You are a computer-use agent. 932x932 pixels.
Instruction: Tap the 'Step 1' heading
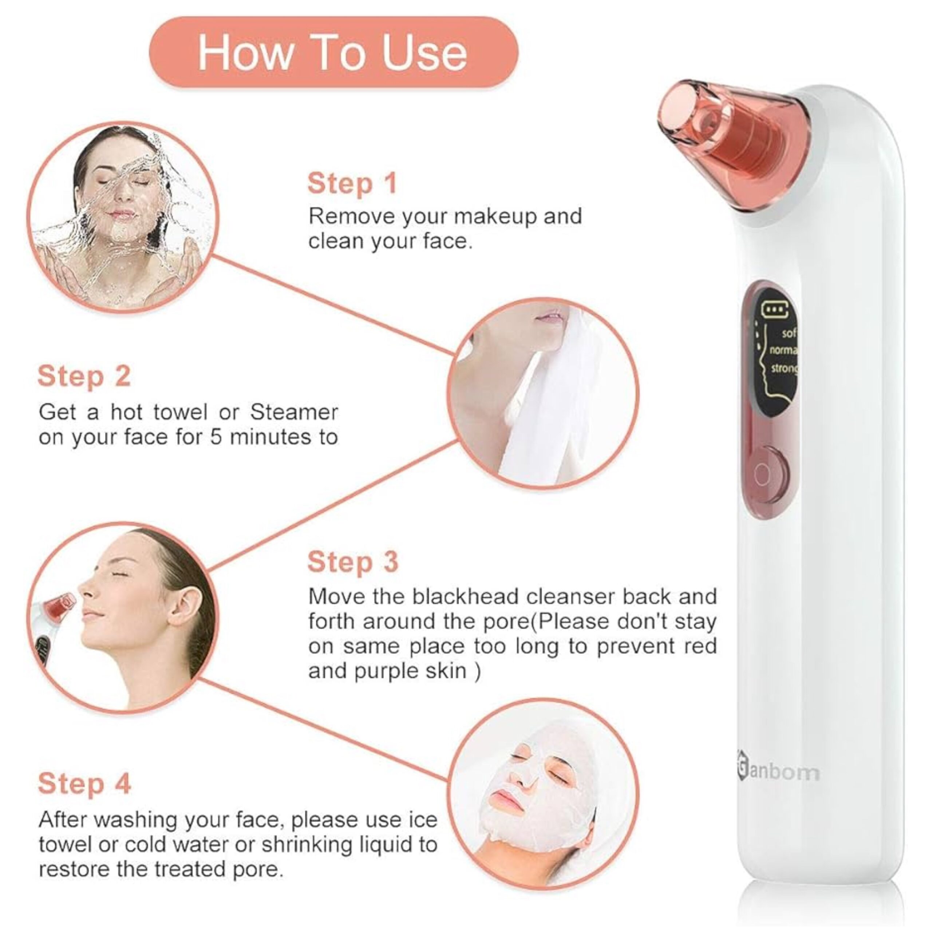point(352,184)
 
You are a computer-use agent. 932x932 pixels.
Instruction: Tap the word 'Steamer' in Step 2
point(294,412)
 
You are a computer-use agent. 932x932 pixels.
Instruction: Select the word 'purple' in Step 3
point(386,671)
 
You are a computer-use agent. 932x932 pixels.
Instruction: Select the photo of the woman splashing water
point(123,217)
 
